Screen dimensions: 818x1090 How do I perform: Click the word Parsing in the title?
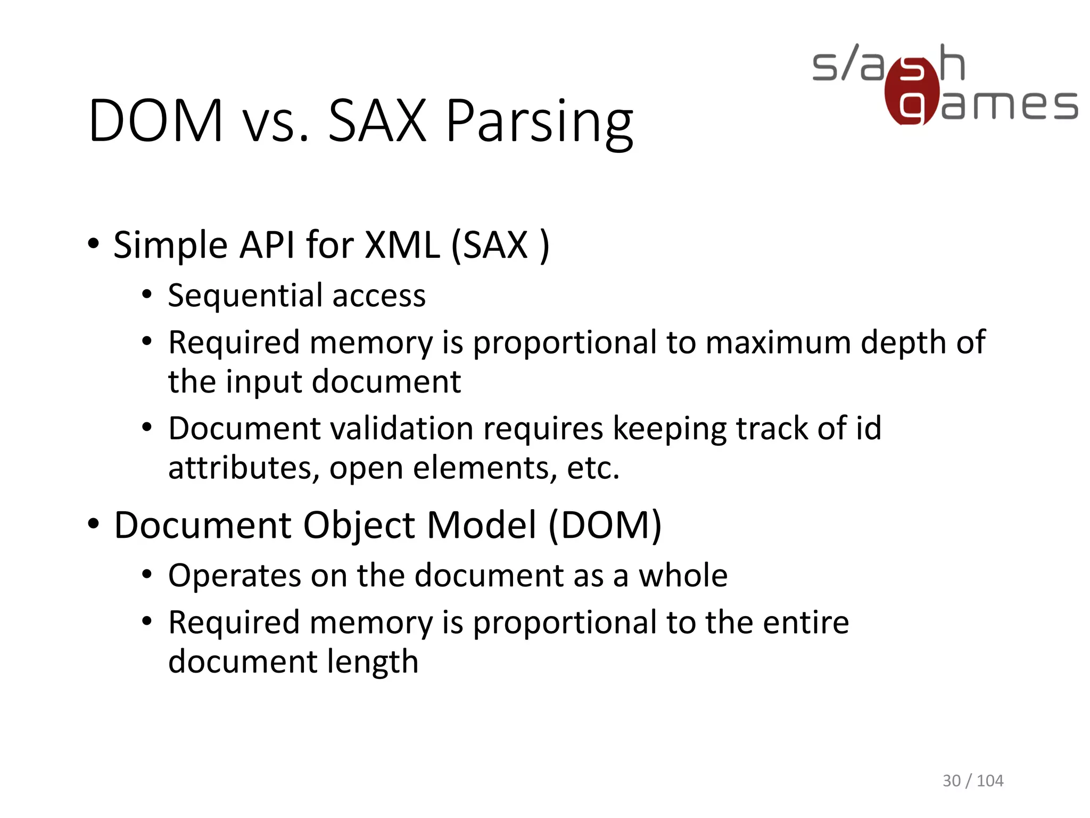pos(539,122)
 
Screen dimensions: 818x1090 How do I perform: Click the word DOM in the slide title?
pos(155,121)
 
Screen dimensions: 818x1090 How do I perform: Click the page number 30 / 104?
pos(972,781)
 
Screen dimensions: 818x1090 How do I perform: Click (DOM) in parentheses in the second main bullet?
pos(605,526)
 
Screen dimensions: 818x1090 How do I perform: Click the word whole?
pos(683,576)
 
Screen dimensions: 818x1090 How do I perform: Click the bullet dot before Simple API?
pos(94,244)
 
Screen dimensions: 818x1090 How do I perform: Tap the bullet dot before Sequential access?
pos(147,295)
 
